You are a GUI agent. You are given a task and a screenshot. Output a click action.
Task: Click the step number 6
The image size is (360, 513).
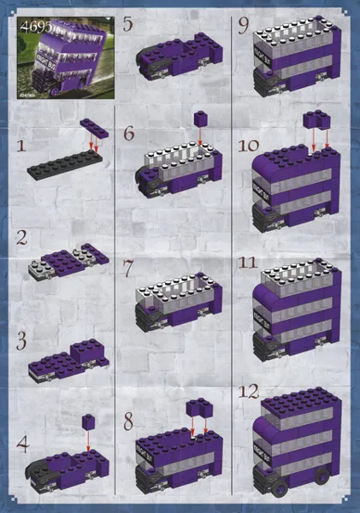pyautogui.click(x=129, y=133)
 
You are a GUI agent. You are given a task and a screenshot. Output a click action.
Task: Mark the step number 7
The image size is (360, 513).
pyautogui.click(x=129, y=268)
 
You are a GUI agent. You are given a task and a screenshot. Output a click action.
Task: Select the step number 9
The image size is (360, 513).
pyautogui.click(x=244, y=27)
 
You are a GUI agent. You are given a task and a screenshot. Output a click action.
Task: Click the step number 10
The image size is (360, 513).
pyautogui.click(x=248, y=145)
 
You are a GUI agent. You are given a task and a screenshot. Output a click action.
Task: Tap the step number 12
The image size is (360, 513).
pyautogui.click(x=248, y=392)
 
